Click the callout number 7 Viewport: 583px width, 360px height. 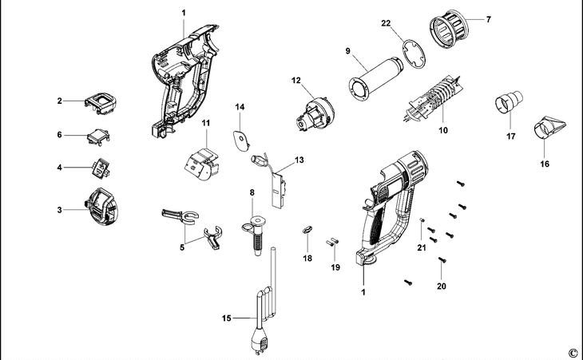click(489, 18)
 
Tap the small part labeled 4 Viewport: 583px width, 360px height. click(99, 168)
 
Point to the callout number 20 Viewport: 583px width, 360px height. click(441, 286)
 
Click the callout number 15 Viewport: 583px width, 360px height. click(227, 318)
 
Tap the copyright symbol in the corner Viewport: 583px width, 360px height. click(572, 352)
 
